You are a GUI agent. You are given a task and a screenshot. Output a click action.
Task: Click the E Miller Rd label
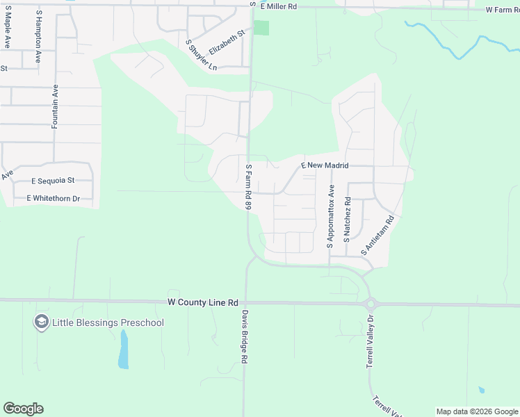[x=278, y=6]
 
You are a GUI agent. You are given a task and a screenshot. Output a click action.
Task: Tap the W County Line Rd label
[x=203, y=303]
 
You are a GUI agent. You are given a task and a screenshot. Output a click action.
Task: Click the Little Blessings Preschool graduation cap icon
[x=41, y=322]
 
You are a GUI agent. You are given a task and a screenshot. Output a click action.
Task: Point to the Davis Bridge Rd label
[x=244, y=337]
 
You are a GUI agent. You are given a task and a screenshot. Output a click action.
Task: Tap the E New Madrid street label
[x=324, y=166]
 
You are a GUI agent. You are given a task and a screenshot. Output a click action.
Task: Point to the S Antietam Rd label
[x=377, y=234]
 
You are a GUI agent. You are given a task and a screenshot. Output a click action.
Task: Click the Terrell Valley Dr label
[x=371, y=341]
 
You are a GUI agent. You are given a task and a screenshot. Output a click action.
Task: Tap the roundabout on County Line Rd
[x=371, y=304]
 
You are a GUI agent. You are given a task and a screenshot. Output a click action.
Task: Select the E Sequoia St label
[x=53, y=181]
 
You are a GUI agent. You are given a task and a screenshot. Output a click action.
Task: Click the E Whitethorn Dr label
[x=54, y=199]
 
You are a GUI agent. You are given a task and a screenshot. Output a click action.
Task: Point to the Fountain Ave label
[x=55, y=106]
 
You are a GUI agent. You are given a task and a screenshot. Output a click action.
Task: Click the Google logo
[x=23, y=409]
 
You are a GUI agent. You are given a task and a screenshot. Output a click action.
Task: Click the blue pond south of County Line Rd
[x=124, y=350]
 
